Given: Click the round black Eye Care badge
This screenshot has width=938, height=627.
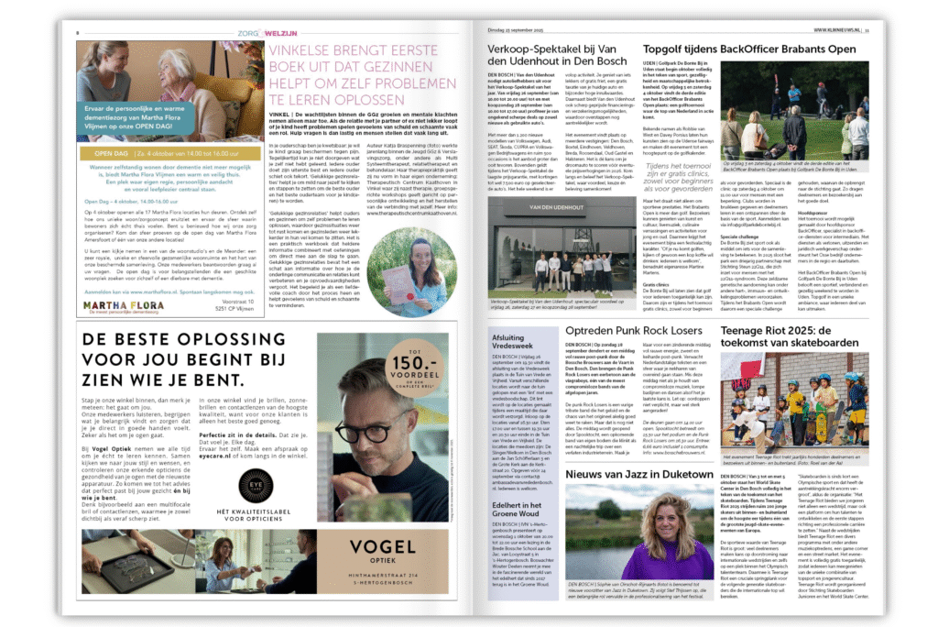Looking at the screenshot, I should coord(256,487).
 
